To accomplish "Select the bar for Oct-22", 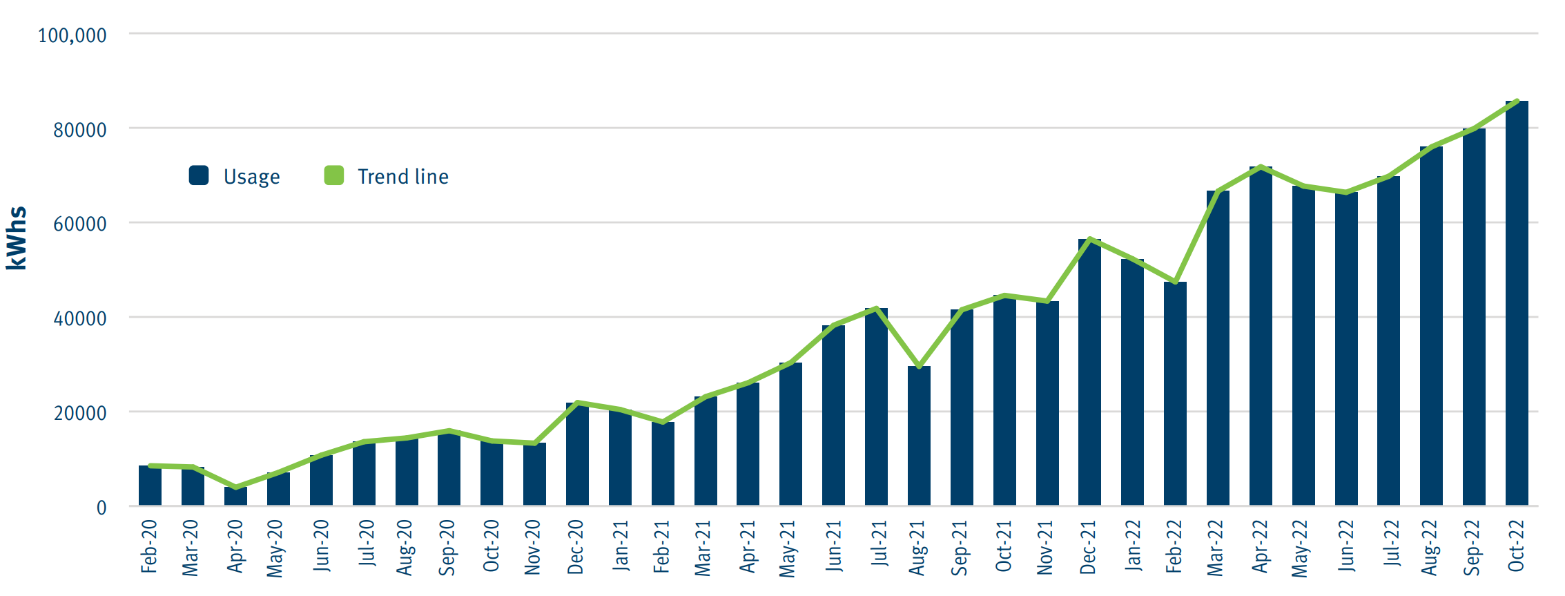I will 1517,304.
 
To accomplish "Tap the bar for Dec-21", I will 1089,373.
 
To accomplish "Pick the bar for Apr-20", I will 235,497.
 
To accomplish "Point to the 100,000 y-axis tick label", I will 72,35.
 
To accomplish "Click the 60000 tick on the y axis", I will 80,224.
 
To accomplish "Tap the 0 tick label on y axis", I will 101,508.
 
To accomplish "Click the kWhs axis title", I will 17,238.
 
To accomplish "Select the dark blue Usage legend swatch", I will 199,175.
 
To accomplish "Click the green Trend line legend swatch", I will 334,175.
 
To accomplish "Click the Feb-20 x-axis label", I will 149,547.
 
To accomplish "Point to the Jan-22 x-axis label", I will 1133,546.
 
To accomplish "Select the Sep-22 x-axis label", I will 1472,547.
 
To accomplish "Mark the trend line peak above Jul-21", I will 876,308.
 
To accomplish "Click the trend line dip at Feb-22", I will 1175,282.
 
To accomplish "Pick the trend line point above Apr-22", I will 1261,167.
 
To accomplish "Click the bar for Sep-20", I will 449,468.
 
